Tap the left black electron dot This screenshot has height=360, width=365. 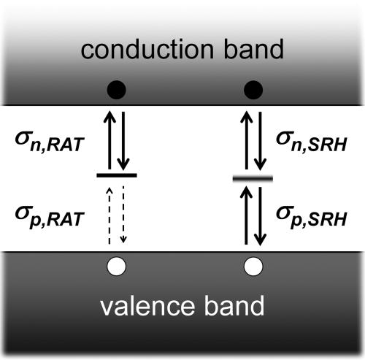[116, 90]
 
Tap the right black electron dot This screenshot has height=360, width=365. [253, 90]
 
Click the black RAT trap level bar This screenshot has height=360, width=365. [116, 175]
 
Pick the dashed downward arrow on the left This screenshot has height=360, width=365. [123, 215]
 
